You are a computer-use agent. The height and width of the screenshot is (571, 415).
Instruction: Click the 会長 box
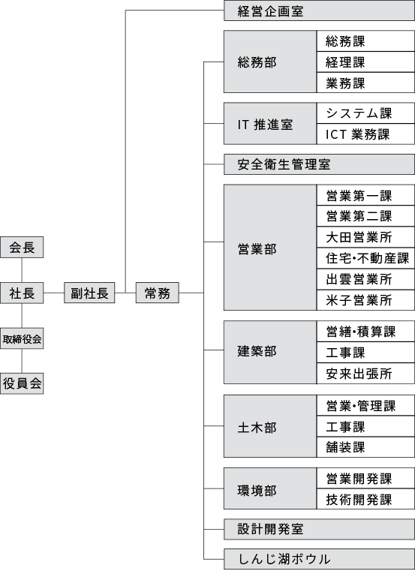coord(22,248)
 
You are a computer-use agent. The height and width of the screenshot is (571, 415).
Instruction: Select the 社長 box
coord(22,293)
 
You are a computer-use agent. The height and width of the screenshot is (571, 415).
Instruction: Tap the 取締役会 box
coord(22,338)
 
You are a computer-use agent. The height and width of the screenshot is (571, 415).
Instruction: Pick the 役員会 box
coord(22,383)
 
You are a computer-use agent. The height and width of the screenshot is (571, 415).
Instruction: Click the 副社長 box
coord(89,293)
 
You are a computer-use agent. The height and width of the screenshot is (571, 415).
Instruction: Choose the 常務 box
coord(158,293)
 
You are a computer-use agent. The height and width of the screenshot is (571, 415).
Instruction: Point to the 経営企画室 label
coord(270,11)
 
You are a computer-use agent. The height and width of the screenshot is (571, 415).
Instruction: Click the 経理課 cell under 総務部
coord(365,62)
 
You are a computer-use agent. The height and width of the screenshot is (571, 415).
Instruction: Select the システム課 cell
coord(365,113)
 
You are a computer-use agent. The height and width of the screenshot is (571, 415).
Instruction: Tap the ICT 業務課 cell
coord(365,134)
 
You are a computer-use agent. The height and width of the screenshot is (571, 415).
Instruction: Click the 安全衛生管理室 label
coord(284,164)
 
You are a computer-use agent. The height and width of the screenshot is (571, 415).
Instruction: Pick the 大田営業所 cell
coord(365,237)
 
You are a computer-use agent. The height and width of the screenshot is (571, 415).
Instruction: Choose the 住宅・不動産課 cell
coord(365,258)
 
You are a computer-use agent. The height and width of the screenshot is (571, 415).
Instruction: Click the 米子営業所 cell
coord(365,300)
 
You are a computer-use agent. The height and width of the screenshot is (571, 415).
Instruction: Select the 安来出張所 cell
coord(365,373)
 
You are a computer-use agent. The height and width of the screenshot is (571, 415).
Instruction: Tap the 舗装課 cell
coord(365,447)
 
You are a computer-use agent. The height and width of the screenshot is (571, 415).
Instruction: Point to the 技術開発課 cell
coord(365,499)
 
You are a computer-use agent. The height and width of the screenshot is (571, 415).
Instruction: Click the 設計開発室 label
coord(270,529)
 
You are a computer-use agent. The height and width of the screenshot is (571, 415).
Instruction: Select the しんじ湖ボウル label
coord(284,559)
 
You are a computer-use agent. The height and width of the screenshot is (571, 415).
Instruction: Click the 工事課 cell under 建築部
coord(365,352)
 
